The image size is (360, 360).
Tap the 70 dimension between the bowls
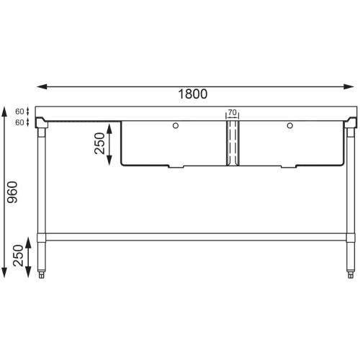tap(232, 113)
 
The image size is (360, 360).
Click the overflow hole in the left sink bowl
tap(176, 127)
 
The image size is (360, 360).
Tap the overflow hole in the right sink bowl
tap(289, 127)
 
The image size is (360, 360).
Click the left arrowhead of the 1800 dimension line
tap(40, 86)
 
